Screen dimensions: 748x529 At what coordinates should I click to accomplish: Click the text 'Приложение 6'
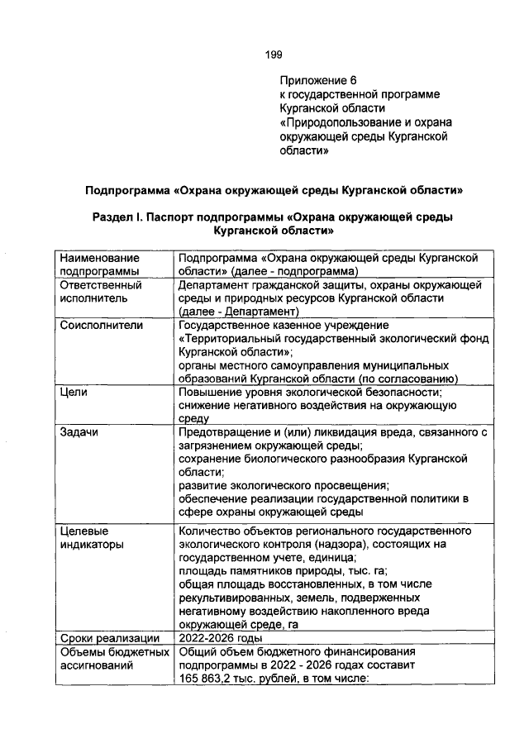click(317, 80)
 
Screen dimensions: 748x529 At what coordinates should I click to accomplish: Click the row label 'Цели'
click(74, 392)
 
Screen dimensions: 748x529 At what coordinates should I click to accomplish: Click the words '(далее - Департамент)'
click(238, 312)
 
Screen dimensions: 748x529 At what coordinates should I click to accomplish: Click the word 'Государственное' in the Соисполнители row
click(226, 325)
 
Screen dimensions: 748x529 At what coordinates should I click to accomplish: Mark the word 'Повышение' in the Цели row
click(211, 392)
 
